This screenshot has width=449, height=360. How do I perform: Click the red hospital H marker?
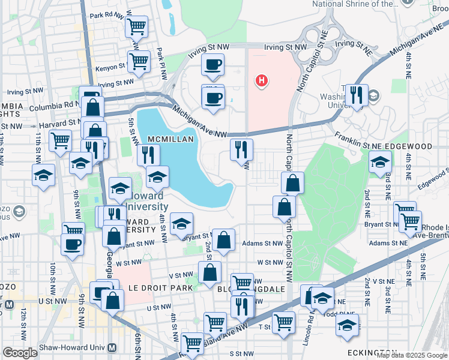[x=261, y=80]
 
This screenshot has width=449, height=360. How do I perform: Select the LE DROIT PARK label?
[x=160, y=288]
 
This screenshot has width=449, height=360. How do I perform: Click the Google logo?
[x=20, y=352]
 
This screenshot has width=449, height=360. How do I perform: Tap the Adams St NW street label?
[x=262, y=244]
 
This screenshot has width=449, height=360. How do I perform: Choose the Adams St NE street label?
[x=388, y=244]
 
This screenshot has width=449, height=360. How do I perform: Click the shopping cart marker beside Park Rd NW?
[x=136, y=26]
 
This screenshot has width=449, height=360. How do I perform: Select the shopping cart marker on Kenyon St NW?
[x=139, y=61]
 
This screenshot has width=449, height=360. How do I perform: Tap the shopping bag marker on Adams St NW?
[x=223, y=241]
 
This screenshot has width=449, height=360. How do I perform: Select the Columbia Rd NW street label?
[x=59, y=104]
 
